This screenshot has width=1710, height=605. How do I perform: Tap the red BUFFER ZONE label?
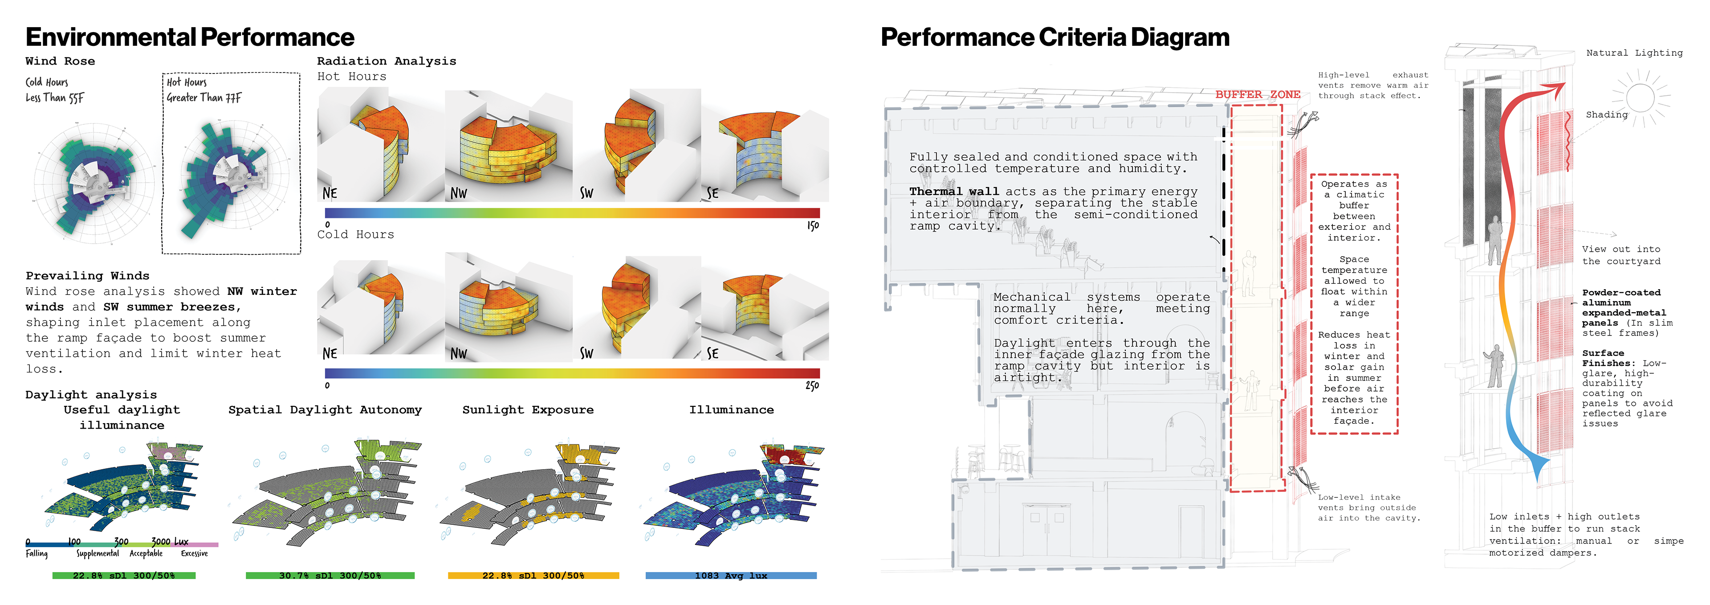tap(1257, 94)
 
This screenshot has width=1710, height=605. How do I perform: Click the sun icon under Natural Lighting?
tap(1640, 98)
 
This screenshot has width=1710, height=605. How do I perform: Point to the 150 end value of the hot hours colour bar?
tap(813, 226)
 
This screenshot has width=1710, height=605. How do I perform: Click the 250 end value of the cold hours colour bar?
tap(812, 385)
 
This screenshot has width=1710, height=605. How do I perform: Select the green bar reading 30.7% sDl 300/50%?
tap(330, 576)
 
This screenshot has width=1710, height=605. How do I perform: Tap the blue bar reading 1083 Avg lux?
tap(731, 576)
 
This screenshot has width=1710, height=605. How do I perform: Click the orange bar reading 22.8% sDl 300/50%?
tap(533, 576)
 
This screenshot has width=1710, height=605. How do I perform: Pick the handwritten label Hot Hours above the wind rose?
tap(187, 82)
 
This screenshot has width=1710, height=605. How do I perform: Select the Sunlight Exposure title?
tap(528, 410)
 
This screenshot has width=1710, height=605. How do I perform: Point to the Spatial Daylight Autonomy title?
tap(325, 410)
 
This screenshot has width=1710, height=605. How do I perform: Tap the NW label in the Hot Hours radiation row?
tap(459, 193)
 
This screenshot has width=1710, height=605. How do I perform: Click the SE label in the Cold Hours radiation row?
tap(712, 353)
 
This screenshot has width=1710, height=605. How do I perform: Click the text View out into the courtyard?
tap(1620, 255)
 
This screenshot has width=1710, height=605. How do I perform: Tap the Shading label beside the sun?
tap(1606, 115)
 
